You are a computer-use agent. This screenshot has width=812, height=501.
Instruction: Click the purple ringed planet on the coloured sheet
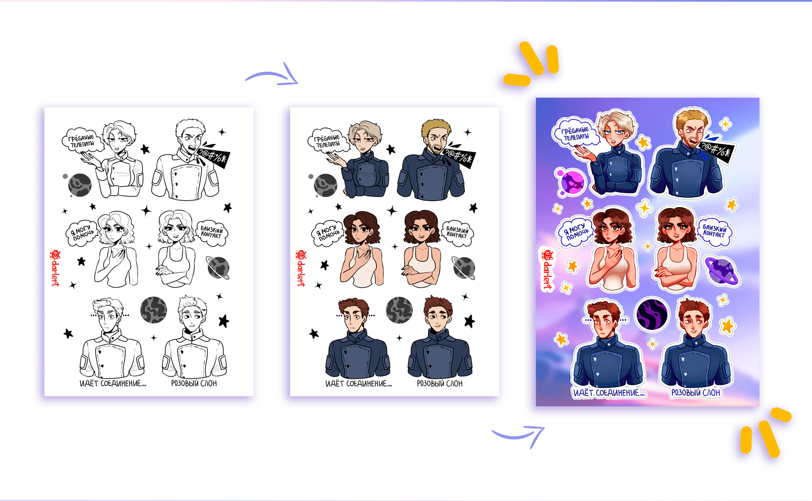[x=721, y=271]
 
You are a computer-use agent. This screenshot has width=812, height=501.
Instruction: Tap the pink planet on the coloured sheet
[x=571, y=182]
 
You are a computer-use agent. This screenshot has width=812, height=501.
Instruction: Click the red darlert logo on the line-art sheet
[x=55, y=268]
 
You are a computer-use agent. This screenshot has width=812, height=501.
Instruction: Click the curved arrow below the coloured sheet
[x=519, y=435]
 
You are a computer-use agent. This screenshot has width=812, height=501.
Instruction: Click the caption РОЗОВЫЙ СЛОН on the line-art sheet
[x=194, y=384]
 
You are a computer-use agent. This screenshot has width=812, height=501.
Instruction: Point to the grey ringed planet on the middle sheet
[x=464, y=268]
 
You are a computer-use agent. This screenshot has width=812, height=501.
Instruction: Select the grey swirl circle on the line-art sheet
[x=153, y=310]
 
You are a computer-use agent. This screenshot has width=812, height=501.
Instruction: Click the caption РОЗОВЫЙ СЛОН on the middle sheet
[x=440, y=384]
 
